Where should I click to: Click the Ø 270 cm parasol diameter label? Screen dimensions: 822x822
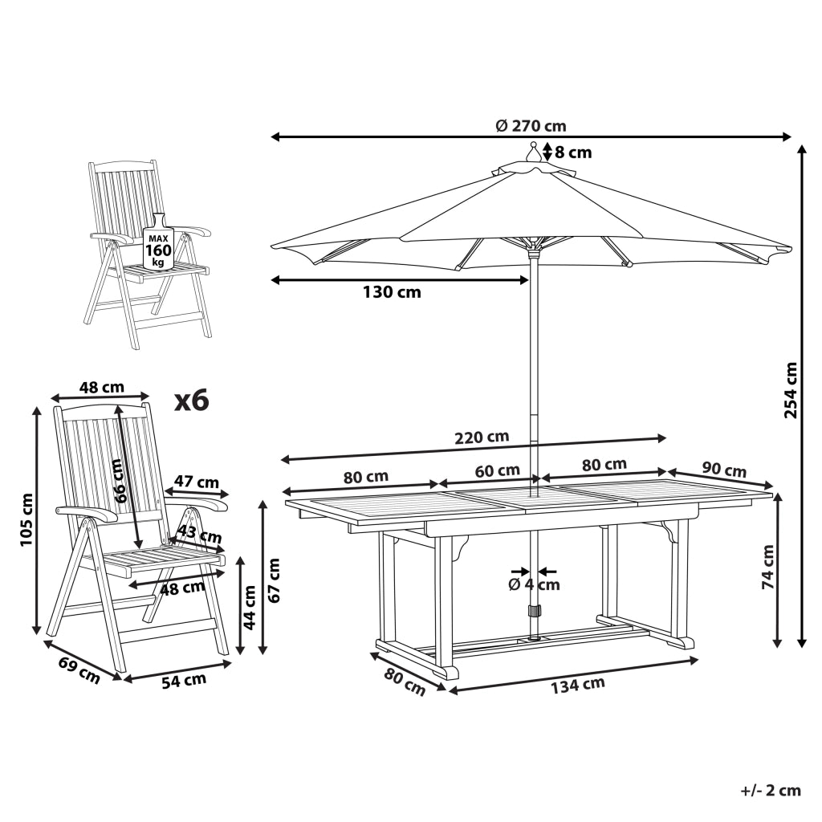pos(531,126)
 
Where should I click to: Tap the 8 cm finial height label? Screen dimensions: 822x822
pos(573,153)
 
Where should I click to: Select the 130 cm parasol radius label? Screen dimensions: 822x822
pos(392,292)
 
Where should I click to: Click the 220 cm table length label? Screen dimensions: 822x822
pos(482,437)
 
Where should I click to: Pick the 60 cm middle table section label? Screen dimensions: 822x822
pos(497,470)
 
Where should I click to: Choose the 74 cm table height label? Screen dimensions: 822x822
pos(767,567)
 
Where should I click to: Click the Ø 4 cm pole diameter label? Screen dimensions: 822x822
pos(534,584)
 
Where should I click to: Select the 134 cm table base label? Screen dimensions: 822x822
pos(577,686)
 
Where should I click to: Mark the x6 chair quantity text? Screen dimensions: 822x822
pos(192,401)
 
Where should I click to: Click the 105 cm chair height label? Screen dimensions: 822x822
pos(26,519)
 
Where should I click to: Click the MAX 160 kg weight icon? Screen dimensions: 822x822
pos(158,242)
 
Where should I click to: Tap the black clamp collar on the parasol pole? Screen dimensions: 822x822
pos(534,611)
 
